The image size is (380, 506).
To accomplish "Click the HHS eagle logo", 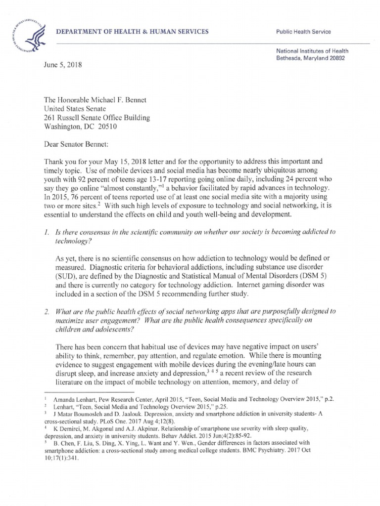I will pos(26,33).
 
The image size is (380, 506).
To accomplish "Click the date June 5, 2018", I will pos(62,65).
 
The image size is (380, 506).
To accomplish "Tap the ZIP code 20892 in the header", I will pos(335,58).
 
